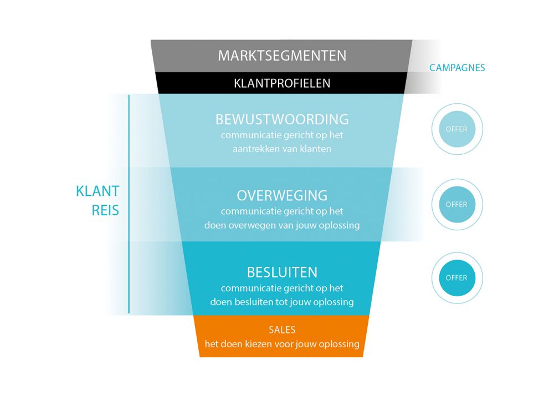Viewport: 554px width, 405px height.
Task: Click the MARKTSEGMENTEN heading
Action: point(282,56)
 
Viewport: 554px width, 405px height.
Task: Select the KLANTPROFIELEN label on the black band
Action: point(282,83)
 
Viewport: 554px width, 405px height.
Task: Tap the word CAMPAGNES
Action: point(457,68)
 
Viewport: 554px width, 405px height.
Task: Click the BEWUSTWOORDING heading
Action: point(282,119)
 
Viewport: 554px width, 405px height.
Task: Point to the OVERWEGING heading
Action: point(282,195)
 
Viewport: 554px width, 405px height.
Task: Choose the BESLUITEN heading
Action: point(282,272)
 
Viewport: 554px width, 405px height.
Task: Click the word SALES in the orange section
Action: point(282,330)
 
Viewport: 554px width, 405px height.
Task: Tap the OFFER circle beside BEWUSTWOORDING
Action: point(457,129)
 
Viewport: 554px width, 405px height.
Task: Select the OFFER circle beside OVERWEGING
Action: point(457,204)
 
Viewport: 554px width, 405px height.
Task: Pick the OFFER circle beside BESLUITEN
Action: point(457,277)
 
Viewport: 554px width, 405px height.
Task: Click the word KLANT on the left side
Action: point(98,191)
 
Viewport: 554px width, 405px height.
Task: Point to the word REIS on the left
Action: point(105,211)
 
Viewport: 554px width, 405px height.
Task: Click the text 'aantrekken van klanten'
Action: point(282,149)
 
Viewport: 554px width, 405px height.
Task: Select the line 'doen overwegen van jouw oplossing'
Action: point(282,225)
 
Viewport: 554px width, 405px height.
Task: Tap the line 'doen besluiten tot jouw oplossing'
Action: point(282,302)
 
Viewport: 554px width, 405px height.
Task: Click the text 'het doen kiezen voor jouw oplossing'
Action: point(282,344)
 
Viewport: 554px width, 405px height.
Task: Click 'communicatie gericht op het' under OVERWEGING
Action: point(282,211)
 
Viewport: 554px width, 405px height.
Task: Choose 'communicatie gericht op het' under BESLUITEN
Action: point(282,288)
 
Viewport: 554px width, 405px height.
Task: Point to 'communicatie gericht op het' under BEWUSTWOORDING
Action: point(282,135)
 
